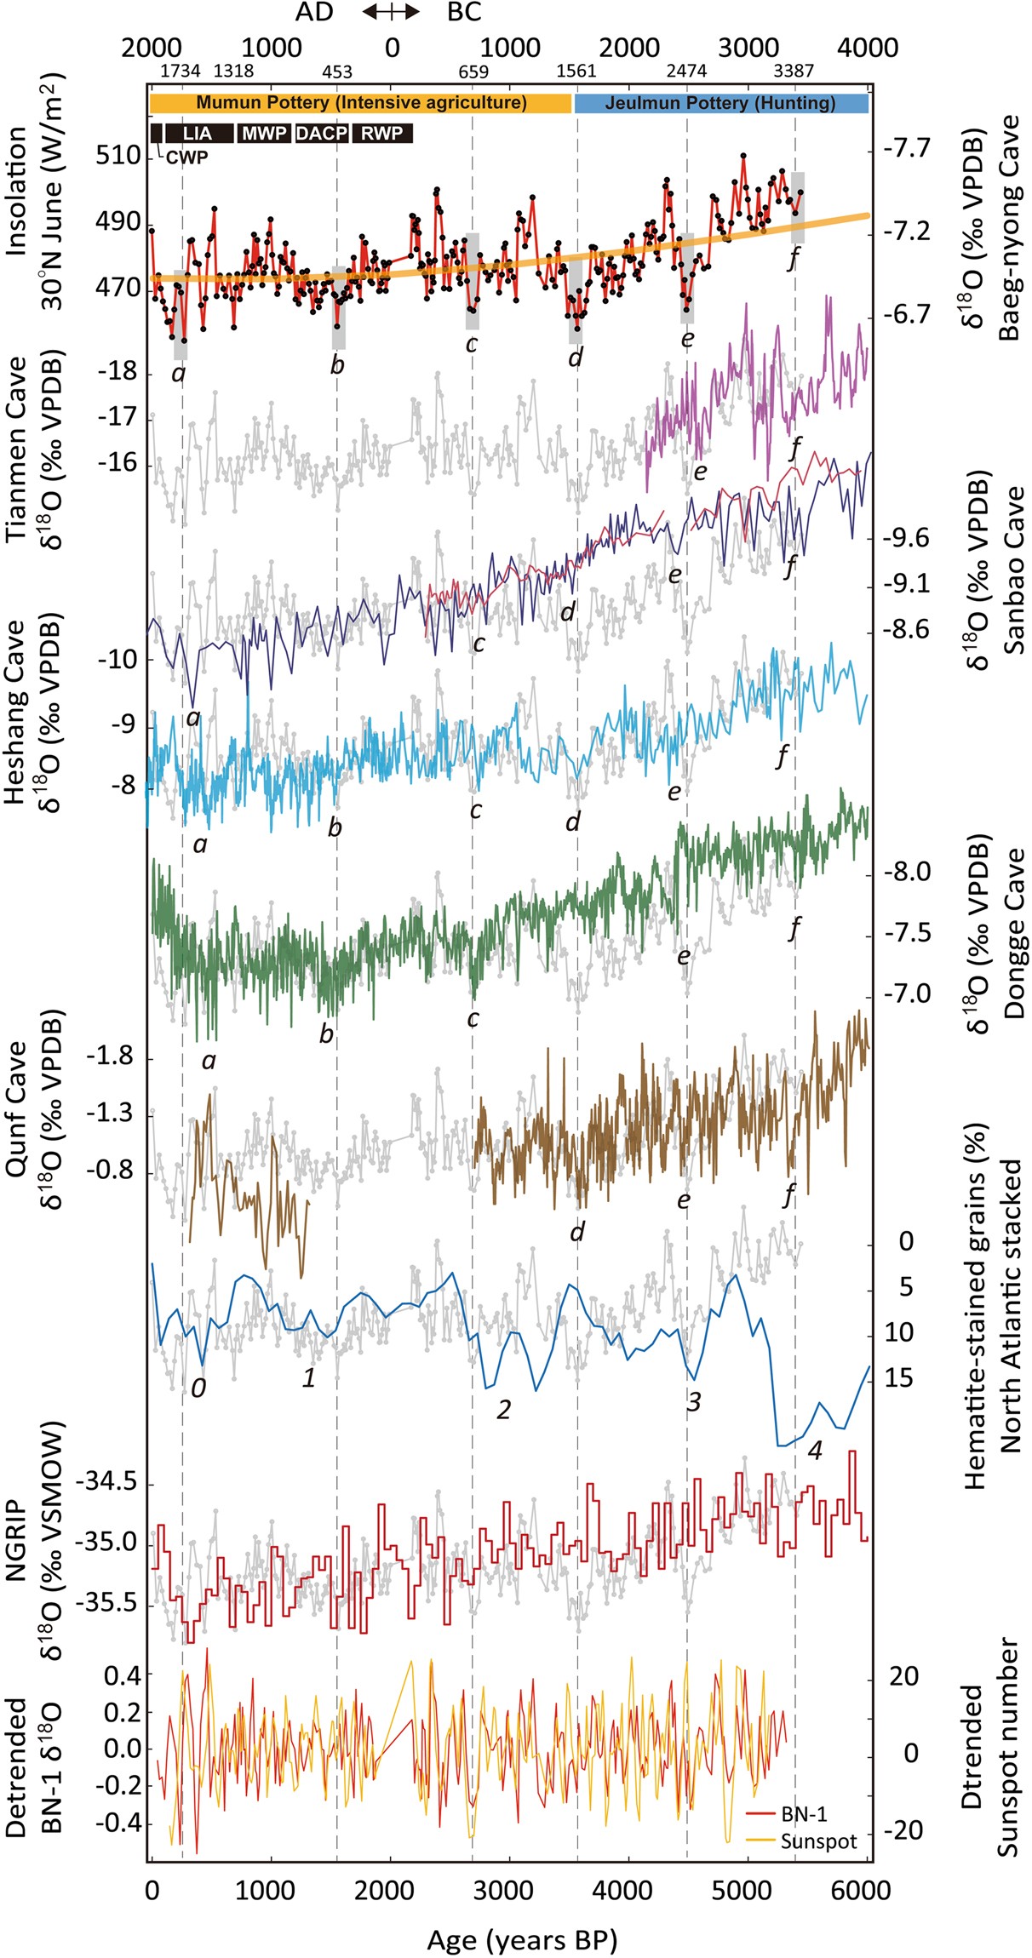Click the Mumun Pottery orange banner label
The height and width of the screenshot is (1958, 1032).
tap(361, 103)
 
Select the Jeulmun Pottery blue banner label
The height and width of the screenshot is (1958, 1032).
tap(720, 103)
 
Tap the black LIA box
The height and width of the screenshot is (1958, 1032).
tap(198, 133)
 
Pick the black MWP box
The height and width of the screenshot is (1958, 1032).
tap(264, 133)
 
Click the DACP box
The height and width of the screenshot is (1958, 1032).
tap(321, 133)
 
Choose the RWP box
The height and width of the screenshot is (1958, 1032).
tap(381, 133)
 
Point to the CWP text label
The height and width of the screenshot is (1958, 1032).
tap(186, 157)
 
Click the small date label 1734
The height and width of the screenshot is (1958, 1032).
tap(180, 72)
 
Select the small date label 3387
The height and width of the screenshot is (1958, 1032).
tap(794, 72)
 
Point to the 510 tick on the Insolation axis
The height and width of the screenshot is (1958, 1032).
tap(118, 156)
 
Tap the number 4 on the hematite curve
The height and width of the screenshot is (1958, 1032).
tap(815, 1451)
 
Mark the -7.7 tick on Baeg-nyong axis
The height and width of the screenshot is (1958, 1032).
tap(907, 149)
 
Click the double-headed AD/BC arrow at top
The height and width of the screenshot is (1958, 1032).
tap(390, 12)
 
